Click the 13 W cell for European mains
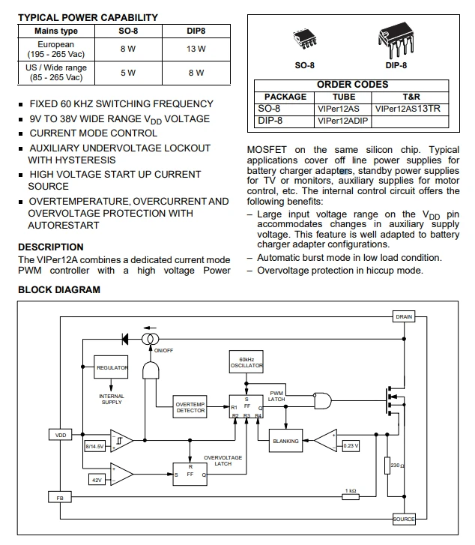[196, 49]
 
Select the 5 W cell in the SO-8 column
[128, 73]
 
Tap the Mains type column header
[56, 31]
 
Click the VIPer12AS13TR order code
[408, 109]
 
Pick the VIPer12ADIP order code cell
[342, 121]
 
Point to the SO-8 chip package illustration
[304, 39]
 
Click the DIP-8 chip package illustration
[396, 40]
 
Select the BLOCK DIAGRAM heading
[59, 290]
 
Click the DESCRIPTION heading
[51, 247]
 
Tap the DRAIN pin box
[404, 316]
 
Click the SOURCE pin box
[404, 519]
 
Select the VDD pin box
[61, 435]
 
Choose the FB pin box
[60, 498]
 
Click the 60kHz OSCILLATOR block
[246, 362]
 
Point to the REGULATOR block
[111, 367]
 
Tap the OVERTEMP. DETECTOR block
[190, 407]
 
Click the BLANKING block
[285, 441]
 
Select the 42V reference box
[97, 480]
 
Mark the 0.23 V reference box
[351, 445]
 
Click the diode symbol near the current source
[125, 339]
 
